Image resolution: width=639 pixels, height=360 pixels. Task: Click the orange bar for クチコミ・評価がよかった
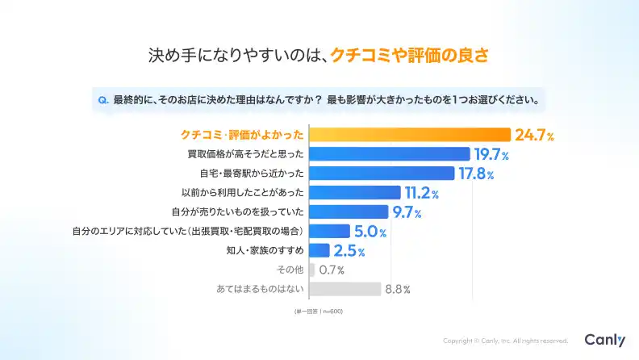(x=410, y=135)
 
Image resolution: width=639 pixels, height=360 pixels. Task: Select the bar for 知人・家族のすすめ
(x=319, y=251)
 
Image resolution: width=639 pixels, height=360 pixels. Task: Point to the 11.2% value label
(x=421, y=193)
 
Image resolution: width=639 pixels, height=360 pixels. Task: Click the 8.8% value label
(x=398, y=289)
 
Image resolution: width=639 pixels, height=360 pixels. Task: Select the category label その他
(x=290, y=270)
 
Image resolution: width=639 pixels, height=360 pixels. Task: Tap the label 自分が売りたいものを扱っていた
(x=237, y=212)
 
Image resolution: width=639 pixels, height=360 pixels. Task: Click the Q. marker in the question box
(x=103, y=101)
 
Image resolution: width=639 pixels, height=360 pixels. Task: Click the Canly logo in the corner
(x=604, y=341)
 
